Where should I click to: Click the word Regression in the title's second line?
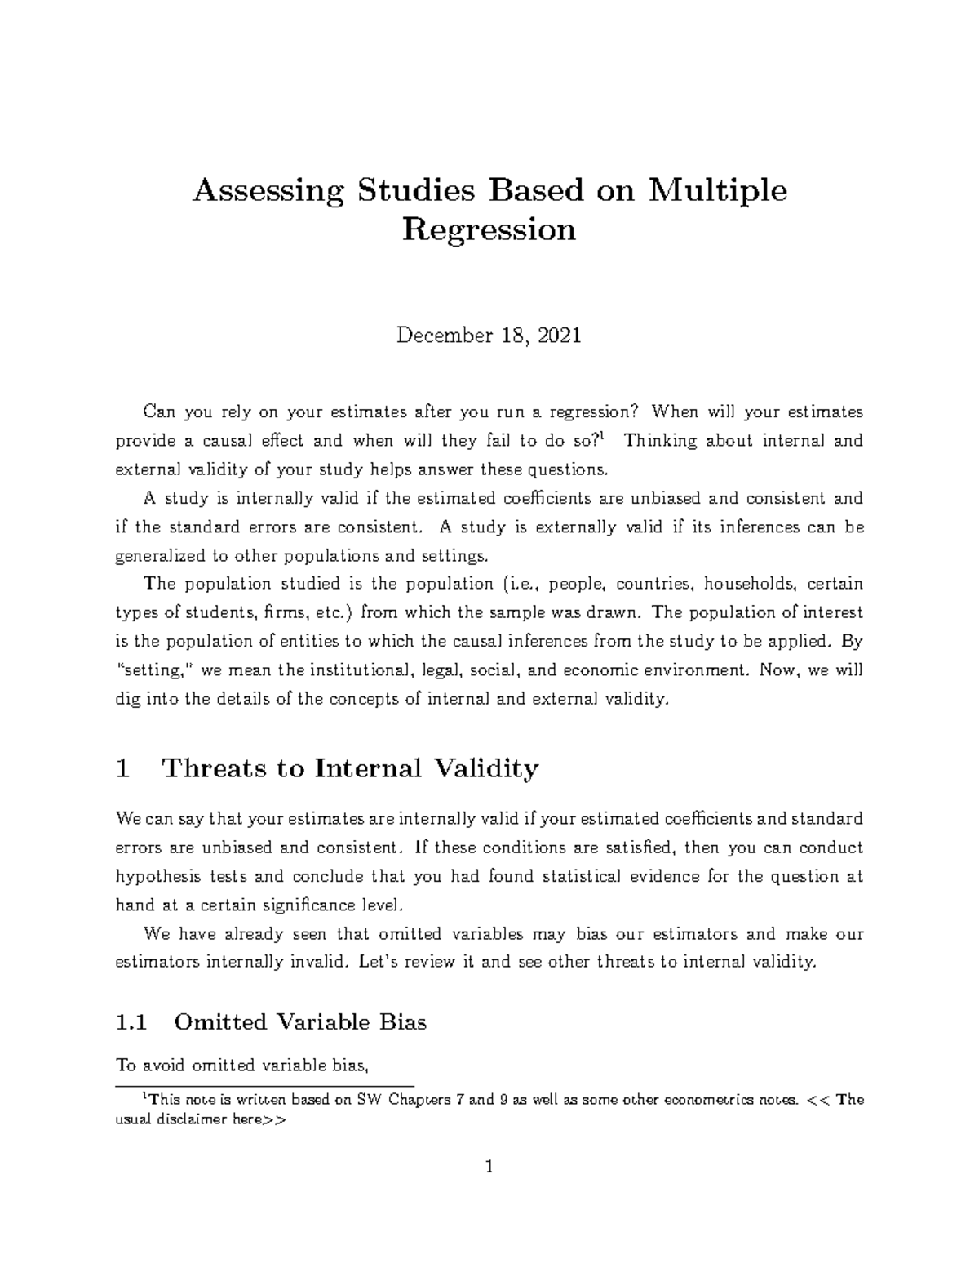point(489,230)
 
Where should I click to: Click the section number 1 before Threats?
point(123,768)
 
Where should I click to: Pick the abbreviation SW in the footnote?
point(370,1100)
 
